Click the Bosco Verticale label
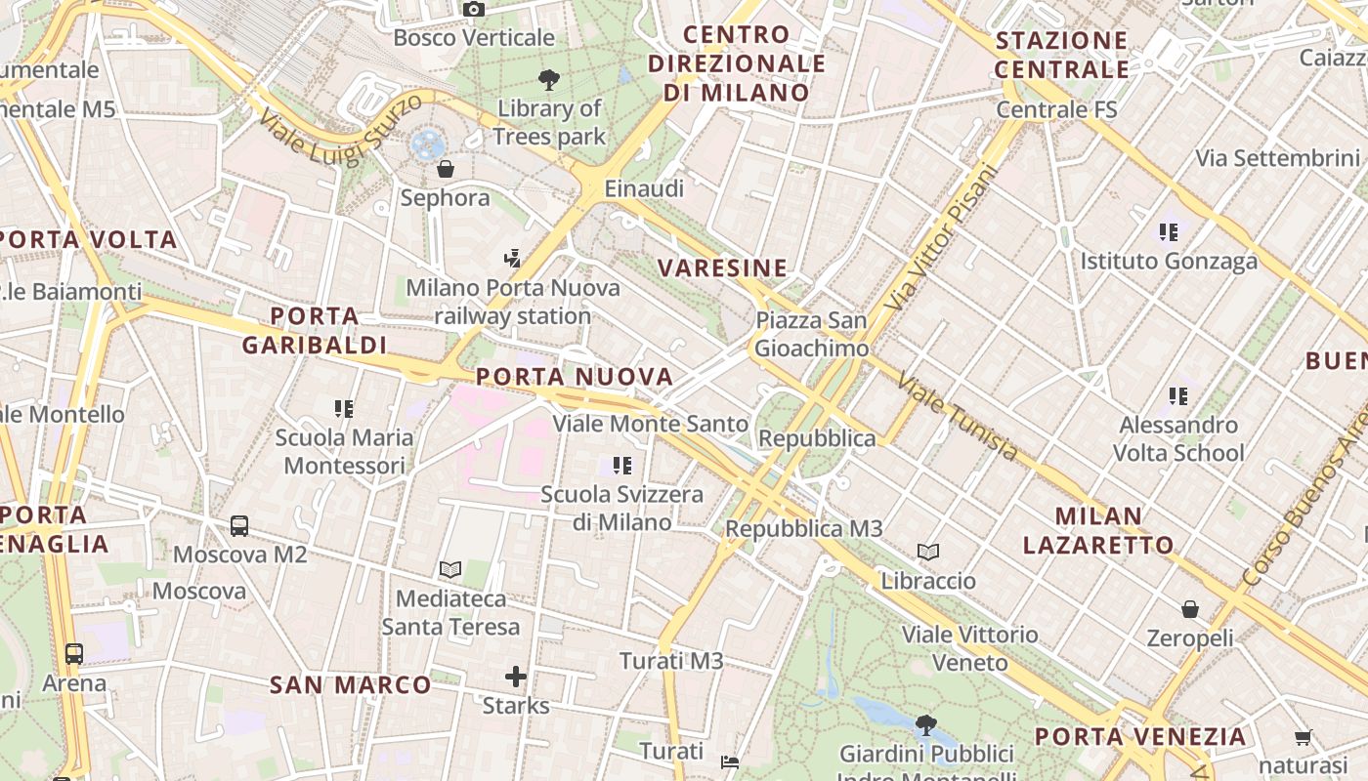click(x=474, y=38)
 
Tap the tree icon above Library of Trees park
click(x=549, y=80)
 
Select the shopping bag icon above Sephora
click(x=446, y=169)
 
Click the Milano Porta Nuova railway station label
click(x=513, y=302)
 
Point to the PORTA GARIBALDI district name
click(x=315, y=331)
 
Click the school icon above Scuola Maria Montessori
click(x=343, y=408)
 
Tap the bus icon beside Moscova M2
click(x=239, y=526)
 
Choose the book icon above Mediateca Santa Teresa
click(x=450, y=569)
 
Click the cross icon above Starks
click(x=516, y=676)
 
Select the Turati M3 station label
click(x=671, y=661)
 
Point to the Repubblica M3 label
click(x=803, y=528)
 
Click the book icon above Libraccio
click(x=928, y=553)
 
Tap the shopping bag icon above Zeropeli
click(x=1190, y=609)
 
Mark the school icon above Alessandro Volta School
click(x=1178, y=396)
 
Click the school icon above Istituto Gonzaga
click(x=1169, y=232)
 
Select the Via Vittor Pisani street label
click(x=942, y=237)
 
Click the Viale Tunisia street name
click(x=958, y=418)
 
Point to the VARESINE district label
click(x=722, y=268)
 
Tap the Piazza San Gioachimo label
click(x=811, y=334)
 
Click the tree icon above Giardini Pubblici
click(x=925, y=725)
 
